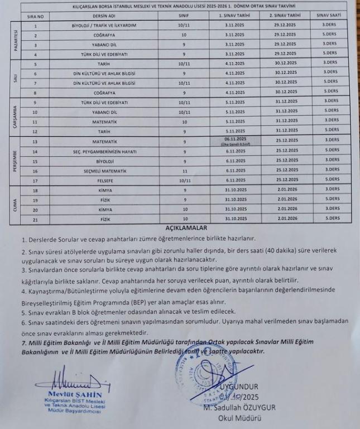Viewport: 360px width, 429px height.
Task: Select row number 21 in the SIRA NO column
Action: pyautogui.click(x=36, y=219)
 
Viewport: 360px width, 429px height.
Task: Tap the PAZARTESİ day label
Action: pyautogui.click(x=15, y=40)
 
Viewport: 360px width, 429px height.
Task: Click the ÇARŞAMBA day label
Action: pyautogui.click(x=15, y=117)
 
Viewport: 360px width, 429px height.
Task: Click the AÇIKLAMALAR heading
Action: pyautogui.click(x=186, y=228)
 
